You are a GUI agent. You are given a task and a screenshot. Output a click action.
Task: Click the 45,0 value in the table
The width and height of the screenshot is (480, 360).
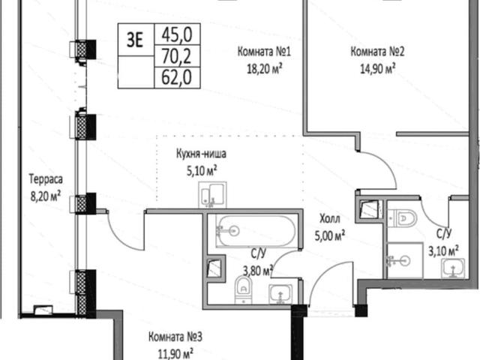click(177, 34)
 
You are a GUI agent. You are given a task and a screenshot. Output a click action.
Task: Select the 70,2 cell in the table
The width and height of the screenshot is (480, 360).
click(177, 56)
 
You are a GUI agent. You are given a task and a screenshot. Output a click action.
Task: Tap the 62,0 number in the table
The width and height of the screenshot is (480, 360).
click(177, 77)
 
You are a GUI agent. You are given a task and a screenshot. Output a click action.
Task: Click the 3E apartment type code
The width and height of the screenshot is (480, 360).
click(135, 40)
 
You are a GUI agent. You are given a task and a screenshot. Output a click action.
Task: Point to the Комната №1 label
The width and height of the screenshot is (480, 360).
click(264, 52)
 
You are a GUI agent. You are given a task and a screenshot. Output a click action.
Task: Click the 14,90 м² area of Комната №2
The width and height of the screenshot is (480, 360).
click(377, 68)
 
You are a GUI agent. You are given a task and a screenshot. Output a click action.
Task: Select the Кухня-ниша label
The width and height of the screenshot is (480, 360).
click(201, 153)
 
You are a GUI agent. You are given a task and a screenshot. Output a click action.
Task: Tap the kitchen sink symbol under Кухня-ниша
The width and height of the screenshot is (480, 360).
click(212, 195)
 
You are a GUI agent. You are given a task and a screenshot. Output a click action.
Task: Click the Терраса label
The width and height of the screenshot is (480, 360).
click(46, 179)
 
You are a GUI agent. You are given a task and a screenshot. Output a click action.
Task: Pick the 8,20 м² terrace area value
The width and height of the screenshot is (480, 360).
click(46, 196)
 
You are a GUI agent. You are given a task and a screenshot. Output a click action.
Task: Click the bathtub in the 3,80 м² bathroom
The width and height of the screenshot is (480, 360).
click(256, 231)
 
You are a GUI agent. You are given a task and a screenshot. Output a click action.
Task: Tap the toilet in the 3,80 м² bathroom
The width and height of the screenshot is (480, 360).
click(243, 290)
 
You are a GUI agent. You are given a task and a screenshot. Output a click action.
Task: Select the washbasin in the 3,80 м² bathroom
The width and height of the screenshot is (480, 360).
click(280, 294)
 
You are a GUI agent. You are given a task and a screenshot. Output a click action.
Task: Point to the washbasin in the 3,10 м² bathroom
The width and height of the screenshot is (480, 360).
click(453, 268)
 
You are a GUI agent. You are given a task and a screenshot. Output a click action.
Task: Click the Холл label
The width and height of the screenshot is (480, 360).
click(330, 219)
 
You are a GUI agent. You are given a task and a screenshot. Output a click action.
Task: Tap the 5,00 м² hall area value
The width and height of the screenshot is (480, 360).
click(330, 235)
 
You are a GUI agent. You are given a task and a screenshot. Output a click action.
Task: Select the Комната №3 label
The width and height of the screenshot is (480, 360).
click(175, 337)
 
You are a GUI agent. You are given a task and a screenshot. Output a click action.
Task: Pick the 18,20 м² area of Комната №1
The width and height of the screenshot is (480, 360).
click(264, 68)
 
